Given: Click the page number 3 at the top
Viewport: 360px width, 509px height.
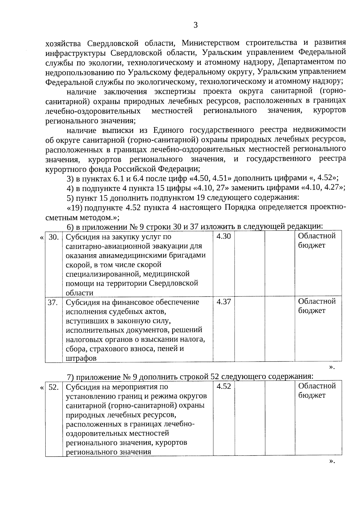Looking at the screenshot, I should click(195, 25).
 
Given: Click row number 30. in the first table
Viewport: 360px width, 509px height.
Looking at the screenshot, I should click(53, 237).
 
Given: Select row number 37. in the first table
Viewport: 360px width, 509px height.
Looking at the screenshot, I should click(53, 303).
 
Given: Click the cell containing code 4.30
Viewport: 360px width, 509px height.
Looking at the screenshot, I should click(223, 236).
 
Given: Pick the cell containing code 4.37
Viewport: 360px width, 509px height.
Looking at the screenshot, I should click(223, 302).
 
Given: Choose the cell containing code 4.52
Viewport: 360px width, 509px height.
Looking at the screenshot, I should click(223, 387).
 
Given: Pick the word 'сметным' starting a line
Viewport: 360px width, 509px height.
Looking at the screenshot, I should click(59, 217).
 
